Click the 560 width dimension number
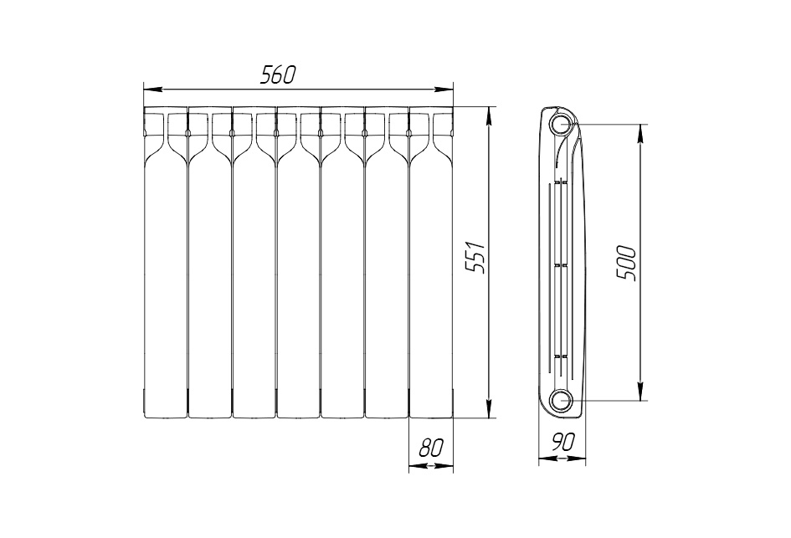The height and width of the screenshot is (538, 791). point(277,75)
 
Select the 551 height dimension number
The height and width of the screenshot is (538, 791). point(475,258)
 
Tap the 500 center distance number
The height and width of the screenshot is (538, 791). point(626,263)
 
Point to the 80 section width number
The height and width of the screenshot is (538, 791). point(431,448)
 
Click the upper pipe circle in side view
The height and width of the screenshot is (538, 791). point(561,124)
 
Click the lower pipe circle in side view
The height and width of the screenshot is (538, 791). point(561,400)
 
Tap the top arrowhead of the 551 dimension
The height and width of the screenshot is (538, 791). point(488,116)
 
